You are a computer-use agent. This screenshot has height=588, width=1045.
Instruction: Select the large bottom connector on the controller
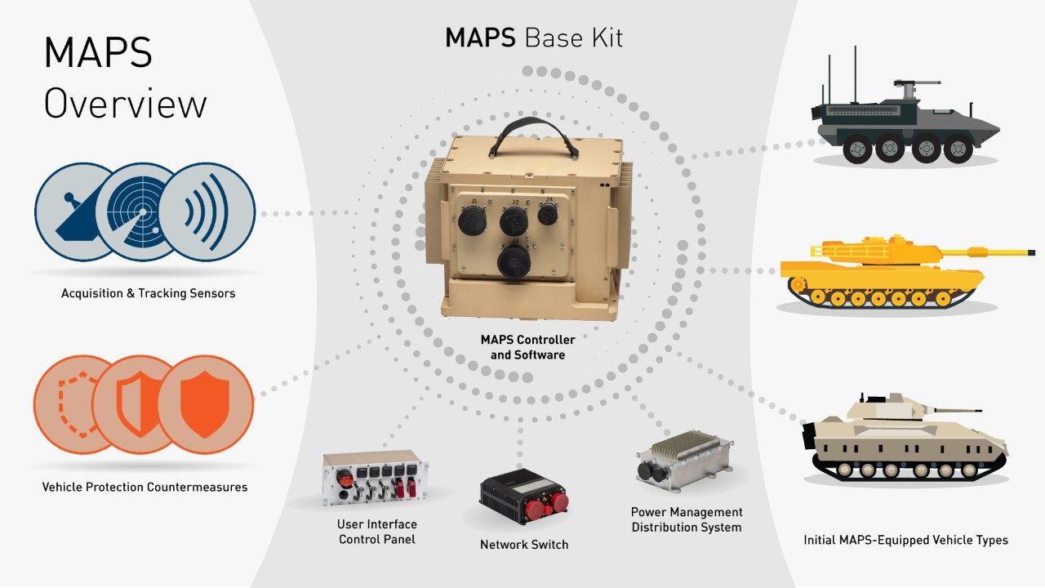(x=514, y=263)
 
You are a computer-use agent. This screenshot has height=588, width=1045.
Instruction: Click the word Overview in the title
(x=125, y=105)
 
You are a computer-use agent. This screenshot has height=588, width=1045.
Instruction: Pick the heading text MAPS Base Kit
(x=534, y=38)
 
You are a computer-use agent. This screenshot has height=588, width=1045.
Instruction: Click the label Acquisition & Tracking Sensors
(x=148, y=293)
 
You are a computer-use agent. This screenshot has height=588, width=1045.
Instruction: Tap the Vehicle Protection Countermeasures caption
(x=145, y=488)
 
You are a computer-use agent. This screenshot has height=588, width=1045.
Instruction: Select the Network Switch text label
(x=524, y=545)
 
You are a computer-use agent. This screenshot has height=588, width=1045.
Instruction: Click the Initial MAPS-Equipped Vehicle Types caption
(x=905, y=540)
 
